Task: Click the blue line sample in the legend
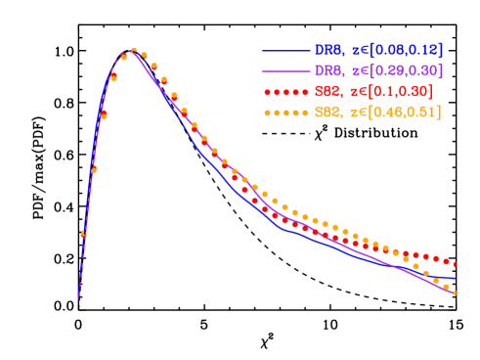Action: click(x=284, y=50)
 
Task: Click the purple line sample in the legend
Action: click(x=284, y=71)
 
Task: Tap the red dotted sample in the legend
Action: click(x=284, y=92)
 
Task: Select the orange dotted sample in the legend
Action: click(x=284, y=113)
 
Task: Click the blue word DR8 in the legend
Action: click(x=327, y=50)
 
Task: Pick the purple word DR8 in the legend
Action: click(x=327, y=71)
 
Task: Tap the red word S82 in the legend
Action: click(x=327, y=92)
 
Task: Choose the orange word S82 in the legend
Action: click(x=327, y=113)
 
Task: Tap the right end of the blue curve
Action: click(x=456, y=279)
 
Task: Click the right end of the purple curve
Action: click(x=456, y=292)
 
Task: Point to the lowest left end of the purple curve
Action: click(x=79, y=297)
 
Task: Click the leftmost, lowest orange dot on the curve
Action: click(x=83, y=234)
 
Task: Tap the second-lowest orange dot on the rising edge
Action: click(x=94, y=170)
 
